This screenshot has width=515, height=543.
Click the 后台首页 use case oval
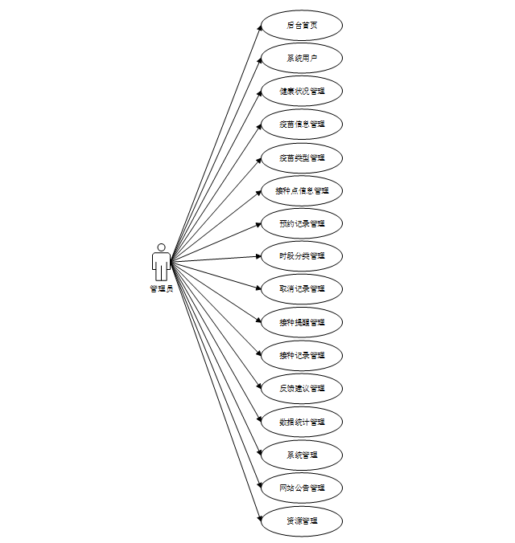pos(302,25)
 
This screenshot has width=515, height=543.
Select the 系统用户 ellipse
pos(302,58)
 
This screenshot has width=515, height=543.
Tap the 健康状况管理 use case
pos(302,91)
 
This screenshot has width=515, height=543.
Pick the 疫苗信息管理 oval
pos(302,124)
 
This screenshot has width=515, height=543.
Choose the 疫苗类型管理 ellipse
pos(302,157)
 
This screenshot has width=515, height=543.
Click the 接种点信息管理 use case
pos(302,190)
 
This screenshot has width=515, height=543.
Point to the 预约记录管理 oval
pos(302,223)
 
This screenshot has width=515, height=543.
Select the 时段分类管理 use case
pos(302,256)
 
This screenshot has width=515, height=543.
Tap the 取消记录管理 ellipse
pos(302,289)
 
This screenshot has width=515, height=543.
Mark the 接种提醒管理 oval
pos(302,322)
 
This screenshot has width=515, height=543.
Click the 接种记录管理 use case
pos(302,355)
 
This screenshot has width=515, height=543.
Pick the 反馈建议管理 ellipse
pos(302,388)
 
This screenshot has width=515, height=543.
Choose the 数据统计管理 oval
pos(302,422)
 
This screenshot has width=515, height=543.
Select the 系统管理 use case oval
pos(302,455)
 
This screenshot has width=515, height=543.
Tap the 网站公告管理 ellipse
pos(302,488)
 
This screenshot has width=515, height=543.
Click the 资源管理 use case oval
pos(302,521)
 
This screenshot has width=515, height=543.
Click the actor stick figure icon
pos(161,262)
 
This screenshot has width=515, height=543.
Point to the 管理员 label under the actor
pos(161,289)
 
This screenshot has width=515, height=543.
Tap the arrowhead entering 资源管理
pos(258,517)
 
